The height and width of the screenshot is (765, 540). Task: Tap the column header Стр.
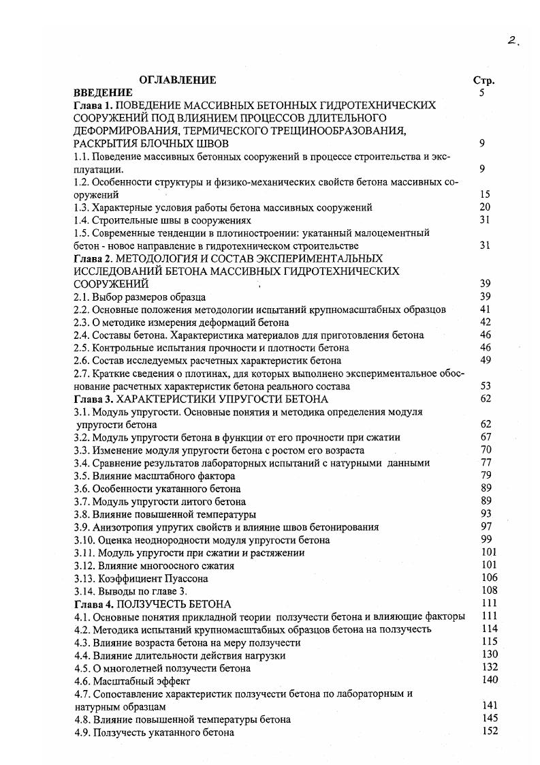(483, 80)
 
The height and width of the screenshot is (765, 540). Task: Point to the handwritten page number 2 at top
(513, 41)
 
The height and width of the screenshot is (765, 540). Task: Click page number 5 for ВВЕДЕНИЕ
(481, 92)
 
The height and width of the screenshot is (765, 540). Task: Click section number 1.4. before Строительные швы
(82, 220)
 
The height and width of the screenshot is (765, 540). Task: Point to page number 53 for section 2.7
(485, 386)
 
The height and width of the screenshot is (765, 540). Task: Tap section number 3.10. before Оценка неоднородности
(85, 540)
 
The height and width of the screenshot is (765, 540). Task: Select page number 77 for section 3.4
(486, 463)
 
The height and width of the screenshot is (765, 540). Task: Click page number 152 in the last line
(488, 732)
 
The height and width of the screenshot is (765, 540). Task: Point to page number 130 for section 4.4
(488, 655)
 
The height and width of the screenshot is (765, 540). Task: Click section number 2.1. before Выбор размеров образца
(82, 297)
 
